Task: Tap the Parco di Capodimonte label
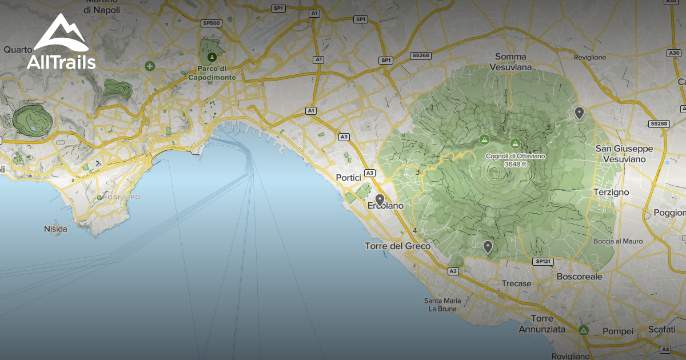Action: tap(212, 73)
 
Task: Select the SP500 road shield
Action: tap(212, 23)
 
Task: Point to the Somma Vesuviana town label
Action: tap(513, 62)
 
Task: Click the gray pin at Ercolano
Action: tap(380, 200)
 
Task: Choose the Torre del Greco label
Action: tap(397, 246)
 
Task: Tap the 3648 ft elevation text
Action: tap(515, 164)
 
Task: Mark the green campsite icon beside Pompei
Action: tap(583, 330)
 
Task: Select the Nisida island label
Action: tap(55, 229)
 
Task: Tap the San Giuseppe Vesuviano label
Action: tap(624, 154)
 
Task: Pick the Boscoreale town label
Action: tap(579, 277)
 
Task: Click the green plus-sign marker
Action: tap(150, 66)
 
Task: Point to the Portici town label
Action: tap(350, 178)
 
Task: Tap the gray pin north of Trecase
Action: tap(488, 247)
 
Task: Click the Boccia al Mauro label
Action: tap(618, 242)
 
